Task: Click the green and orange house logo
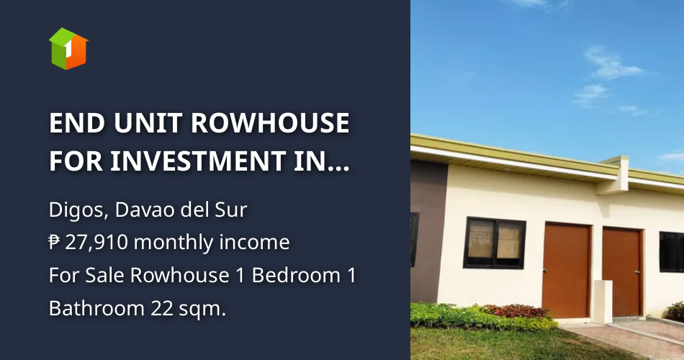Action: click(68, 48)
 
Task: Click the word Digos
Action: click(71, 211)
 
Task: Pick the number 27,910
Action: click(98, 243)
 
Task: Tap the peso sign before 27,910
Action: click(55, 243)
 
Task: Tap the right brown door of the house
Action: click(621, 271)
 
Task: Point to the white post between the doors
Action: click(602, 301)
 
